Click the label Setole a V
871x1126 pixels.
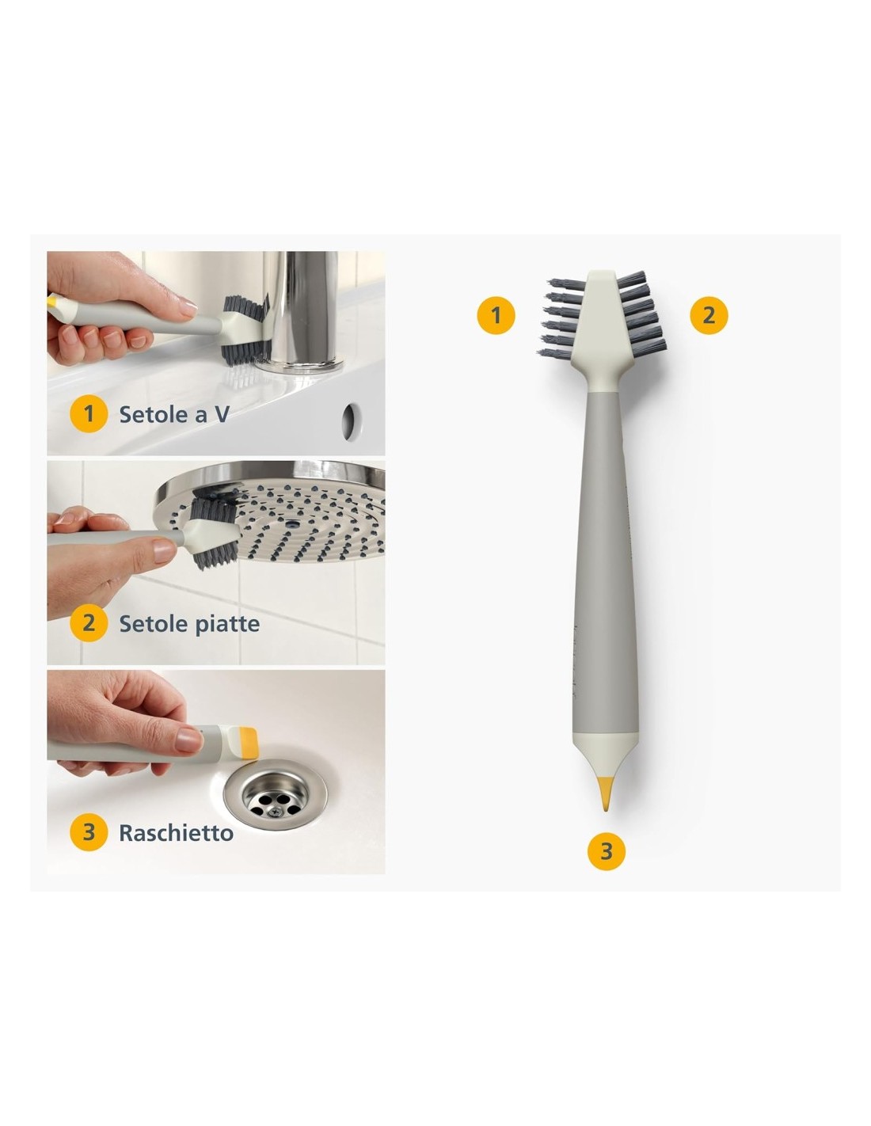174,414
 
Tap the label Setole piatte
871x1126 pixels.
189,623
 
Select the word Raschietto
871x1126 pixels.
176,833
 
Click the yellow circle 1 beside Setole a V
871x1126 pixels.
89,413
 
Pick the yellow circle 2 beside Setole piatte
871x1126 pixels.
89,623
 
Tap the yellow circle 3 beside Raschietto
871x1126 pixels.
89,832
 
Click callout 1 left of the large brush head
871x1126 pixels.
496,315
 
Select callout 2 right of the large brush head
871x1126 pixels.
709,315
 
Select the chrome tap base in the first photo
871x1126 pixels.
300,312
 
